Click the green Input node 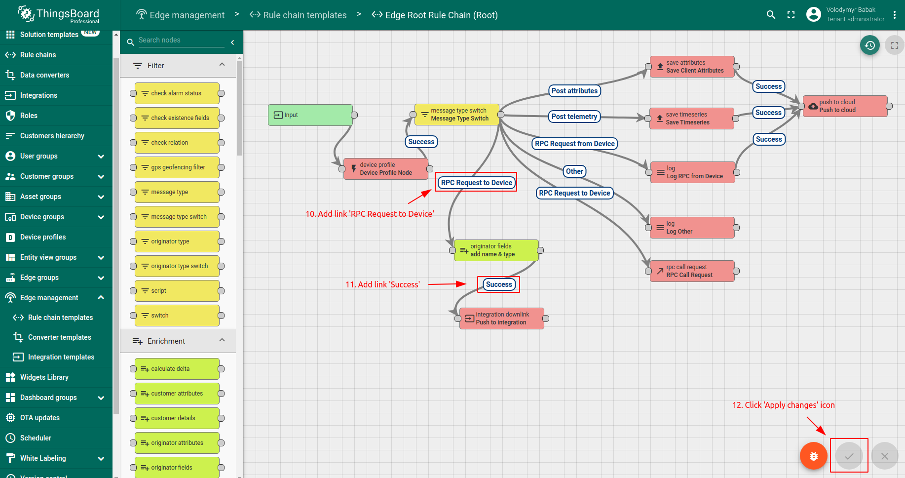(x=310, y=115)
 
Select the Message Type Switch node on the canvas (x=457, y=115)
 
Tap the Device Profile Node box (x=386, y=169)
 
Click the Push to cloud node (x=845, y=106)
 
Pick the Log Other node (x=692, y=228)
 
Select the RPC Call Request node (x=692, y=271)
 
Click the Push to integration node (x=502, y=319)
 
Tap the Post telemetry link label (x=574, y=117)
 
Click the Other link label (x=574, y=171)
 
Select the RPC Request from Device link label (x=575, y=144)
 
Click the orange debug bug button (x=814, y=456)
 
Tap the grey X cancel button (x=885, y=456)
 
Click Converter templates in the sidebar (x=59, y=337)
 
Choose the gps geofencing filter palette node (x=177, y=167)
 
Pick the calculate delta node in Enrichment (x=177, y=369)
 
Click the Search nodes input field (x=181, y=40)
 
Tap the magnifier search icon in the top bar (x=771, y=15)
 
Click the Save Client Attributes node (x=692, y=67)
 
